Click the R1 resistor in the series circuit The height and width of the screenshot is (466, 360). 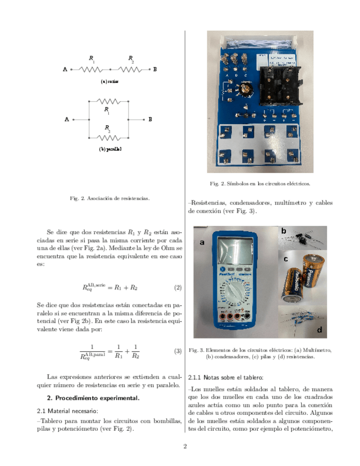coord(91,69)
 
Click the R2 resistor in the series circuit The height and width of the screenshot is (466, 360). coord(130,69)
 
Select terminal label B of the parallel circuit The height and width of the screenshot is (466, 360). coord(150,119)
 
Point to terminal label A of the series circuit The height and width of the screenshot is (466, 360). coord(65,69)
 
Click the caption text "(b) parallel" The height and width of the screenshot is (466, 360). coord(110,149)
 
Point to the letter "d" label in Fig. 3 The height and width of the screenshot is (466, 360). coord(319,330)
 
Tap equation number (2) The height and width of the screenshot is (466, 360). coord(178,287)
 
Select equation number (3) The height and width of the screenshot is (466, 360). coord(178,351)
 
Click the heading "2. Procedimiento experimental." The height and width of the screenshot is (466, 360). coord(94,397)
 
